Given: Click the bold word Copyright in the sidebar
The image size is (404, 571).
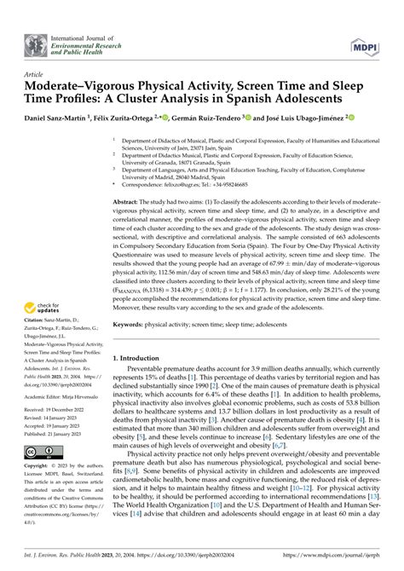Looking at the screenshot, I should coord(36,515).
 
